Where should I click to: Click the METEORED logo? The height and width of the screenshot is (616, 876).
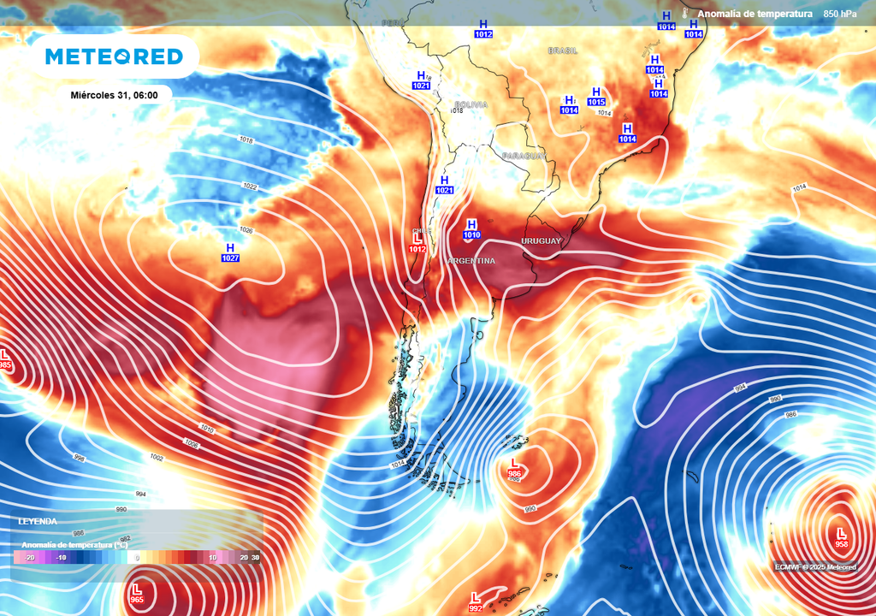114,56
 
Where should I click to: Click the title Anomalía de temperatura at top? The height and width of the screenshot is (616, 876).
754,14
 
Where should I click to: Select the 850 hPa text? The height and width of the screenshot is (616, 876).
840,14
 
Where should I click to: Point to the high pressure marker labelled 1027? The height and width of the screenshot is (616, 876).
230,252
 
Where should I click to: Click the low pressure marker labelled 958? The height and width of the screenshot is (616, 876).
842,538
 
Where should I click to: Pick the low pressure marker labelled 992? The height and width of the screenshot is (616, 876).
475,602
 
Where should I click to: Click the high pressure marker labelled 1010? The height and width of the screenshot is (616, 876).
471,228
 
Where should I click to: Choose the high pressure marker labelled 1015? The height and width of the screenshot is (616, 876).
596,97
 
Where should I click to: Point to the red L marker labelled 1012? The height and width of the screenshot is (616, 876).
417,243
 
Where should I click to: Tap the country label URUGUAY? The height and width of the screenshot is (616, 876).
541,241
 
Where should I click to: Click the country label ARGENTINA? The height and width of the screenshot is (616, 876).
471,260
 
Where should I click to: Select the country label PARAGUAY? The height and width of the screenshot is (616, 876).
524,156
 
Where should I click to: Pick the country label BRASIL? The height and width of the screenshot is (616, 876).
563,50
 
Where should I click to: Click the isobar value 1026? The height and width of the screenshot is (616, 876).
246,230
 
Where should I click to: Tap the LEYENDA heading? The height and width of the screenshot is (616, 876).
38,521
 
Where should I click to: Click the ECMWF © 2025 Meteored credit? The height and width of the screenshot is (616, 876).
815,566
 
